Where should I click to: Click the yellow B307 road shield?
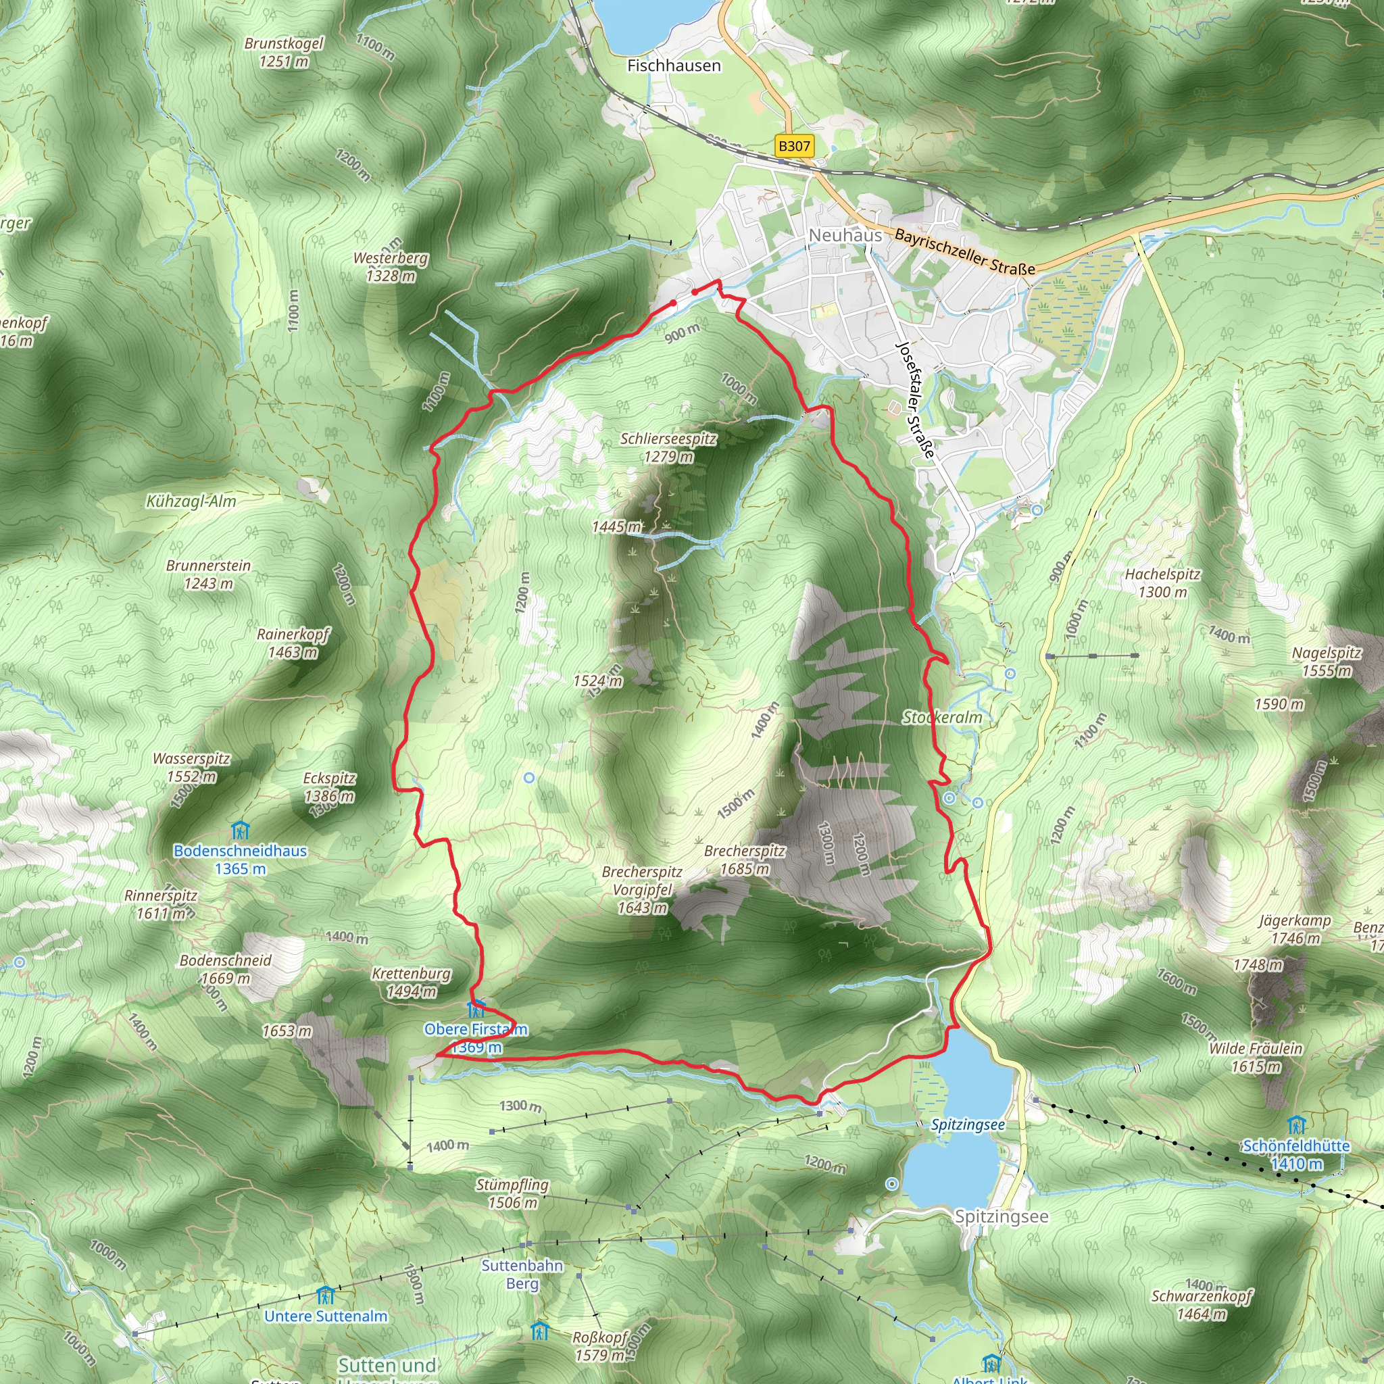(794, 146)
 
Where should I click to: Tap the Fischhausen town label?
(673, 66)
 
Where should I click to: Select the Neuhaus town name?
(845, 235)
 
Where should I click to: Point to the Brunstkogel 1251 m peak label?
(284, 52)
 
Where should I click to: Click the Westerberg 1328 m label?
(391, 266)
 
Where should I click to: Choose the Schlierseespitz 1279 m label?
(668, 447)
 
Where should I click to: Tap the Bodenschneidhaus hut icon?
(241, 831)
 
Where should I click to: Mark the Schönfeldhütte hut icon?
(1296, 1124)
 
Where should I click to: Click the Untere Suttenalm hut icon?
(325, 1295)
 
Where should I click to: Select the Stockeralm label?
(942, 717)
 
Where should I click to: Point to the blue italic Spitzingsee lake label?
(967, 1124)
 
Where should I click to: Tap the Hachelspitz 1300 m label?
(1162, 583)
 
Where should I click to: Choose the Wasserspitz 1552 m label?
(191, 767)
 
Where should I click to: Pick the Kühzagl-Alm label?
(191, 501)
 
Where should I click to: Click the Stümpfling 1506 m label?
(512, 1193)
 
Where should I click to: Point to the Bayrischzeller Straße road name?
(964, 252)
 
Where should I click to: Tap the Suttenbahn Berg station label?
(522, 1275)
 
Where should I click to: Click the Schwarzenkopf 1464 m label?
(1202, 1304)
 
